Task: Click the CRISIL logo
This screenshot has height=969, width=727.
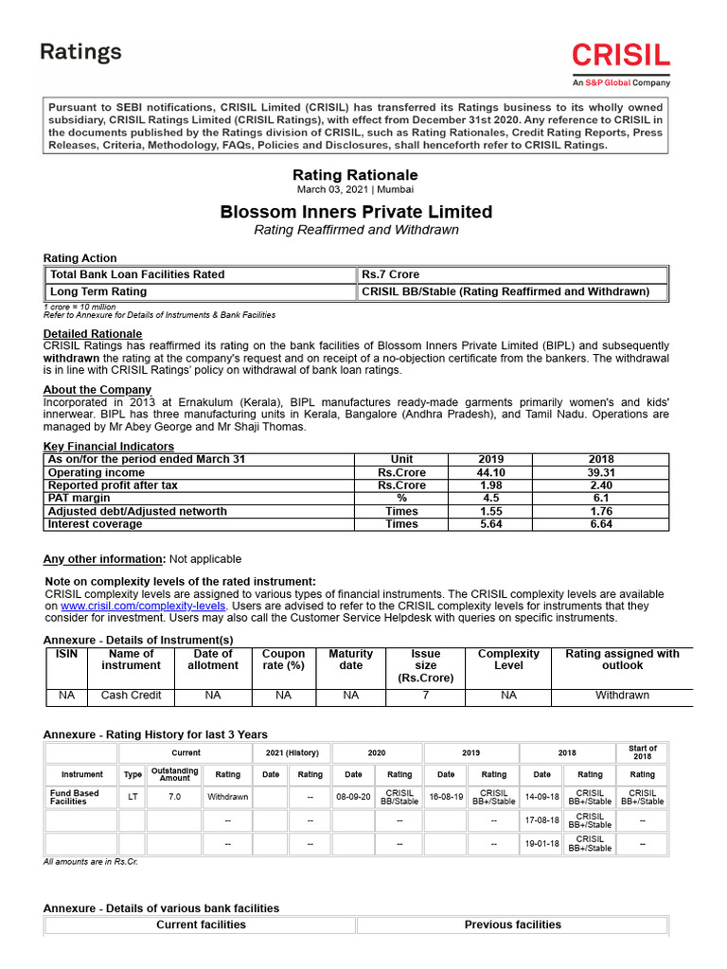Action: (x=620, y=58)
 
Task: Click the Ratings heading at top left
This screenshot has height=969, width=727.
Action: (x=80, y=52)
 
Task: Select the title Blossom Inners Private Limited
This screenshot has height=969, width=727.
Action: (x=356, y=211)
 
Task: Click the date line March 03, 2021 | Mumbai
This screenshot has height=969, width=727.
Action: (x=355, y=189)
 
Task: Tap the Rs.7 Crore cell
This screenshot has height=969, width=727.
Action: (x=390, y=274)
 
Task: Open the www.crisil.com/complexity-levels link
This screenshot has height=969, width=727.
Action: (x=143, y=606)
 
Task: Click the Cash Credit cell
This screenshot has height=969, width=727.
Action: (x=132, y=695)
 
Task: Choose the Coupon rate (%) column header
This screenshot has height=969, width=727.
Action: (x=283, y=660)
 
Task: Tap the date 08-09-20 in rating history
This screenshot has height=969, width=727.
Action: (x=353, y=797)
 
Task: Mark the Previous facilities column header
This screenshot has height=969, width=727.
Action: (x=512, y=925)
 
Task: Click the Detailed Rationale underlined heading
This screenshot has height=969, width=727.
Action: (x=93, y=334)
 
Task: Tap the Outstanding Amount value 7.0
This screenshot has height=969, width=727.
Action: (x=174, y=797)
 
